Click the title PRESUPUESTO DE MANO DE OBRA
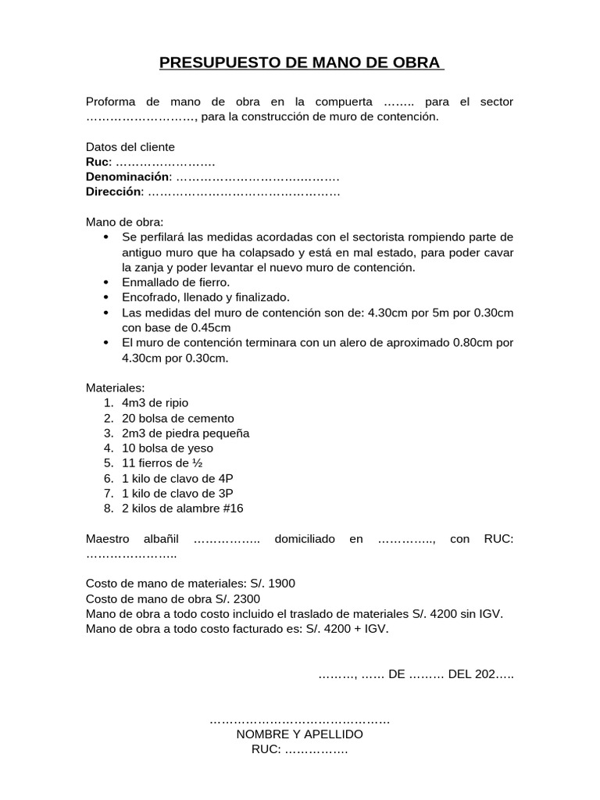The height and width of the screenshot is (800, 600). pyautogui.click(x=301, y=62)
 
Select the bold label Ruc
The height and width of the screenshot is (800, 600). pyautogui.click(x=98, y=162)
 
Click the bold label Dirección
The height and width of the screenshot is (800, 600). pyautogui.click(x=113, y=191)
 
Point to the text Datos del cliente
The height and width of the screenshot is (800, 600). pyautogui.click(x=130, y=147)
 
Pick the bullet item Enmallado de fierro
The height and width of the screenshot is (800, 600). pyautogui.click(x=176, y=282)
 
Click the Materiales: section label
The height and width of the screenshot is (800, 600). pyautogui.click(x=115, y=388)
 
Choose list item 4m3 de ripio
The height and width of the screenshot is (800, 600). pyautogui.click(x=155, y=403)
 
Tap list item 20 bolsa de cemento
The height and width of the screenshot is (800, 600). pyautogui.click(x=178, y=418)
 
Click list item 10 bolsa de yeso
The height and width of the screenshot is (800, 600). pyautogui.click(x=167, y=448)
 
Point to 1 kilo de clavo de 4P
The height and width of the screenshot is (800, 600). pyautogui.click(x=177, y=478)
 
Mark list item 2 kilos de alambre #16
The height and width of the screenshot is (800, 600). pyautogui.click(x=183, y=509)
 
